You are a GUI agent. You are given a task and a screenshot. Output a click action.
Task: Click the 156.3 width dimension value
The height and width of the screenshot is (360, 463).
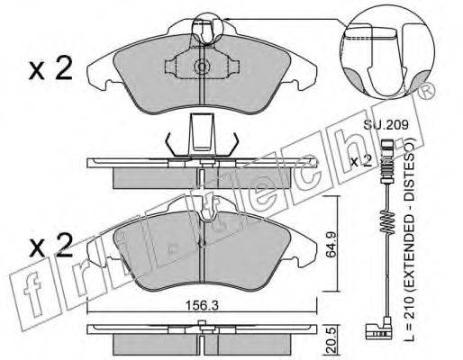tap(202, 306)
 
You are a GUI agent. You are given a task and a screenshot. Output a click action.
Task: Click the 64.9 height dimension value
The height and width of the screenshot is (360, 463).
tap(331, 244)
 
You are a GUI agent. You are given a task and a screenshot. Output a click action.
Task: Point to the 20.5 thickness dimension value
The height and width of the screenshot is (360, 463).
tap(331, 341)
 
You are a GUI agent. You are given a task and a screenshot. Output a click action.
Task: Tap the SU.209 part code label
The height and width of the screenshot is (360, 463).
tap(386, 124)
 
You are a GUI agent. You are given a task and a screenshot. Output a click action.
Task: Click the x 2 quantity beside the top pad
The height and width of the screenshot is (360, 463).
tap(50, 68)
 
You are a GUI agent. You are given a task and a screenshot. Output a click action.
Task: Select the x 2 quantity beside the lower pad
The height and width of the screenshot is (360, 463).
tap(50, 246)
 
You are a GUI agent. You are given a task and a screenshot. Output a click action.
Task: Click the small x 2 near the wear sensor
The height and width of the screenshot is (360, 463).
tap(361, 161)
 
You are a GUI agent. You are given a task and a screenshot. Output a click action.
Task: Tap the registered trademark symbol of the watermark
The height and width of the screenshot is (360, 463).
tap(426, 92)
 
